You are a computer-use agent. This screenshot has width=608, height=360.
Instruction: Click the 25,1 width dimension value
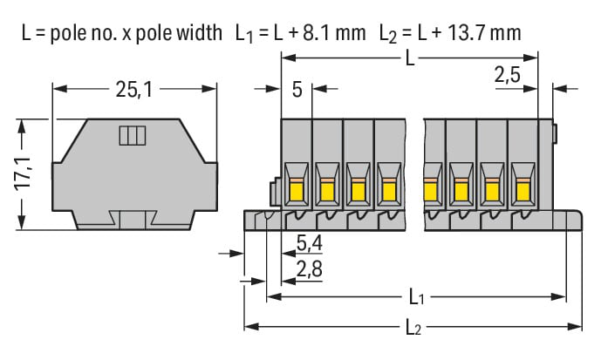134,88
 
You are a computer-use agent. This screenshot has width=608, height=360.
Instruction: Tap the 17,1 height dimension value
24,173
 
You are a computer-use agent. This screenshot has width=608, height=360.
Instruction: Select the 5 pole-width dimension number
297,88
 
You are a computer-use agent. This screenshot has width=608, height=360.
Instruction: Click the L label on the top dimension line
410,59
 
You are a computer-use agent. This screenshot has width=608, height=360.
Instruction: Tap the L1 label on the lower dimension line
417,298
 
